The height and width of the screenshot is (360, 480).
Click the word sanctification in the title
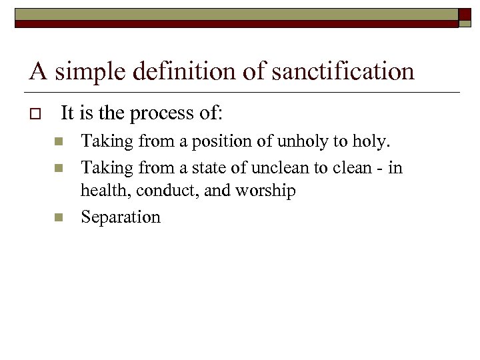click(x=342, y=71)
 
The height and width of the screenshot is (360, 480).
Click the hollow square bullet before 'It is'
click(x=35, y=114)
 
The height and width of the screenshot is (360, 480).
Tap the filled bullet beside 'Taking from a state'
click(x=58, y=167)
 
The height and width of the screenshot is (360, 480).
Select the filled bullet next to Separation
click(x=58, y=217)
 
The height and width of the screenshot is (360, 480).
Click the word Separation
click(x=121, y=217)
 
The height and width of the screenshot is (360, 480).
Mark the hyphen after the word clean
click(x=379, y=167)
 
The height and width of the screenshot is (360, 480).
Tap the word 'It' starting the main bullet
click(x=67, y=114)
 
